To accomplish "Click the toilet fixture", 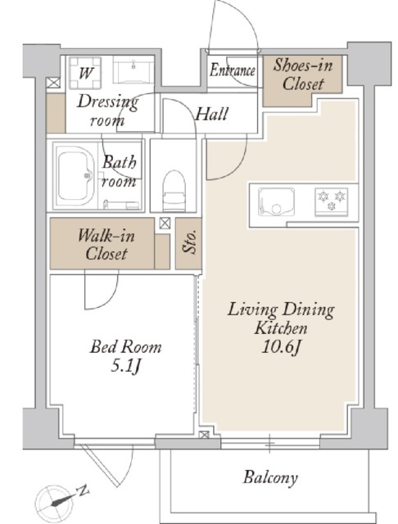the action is pos(174,191).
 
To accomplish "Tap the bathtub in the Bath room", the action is pos(75,176).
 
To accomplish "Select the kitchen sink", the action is pos(276,202).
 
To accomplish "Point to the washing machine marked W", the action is pos(85,73).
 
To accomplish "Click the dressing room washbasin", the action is pos(133,70).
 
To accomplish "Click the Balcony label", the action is pos(270,477).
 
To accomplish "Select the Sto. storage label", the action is pos(189,242).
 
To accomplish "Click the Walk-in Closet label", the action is pos(106,245).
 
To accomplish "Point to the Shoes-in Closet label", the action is pos(303,75).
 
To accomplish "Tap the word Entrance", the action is pos(233,70).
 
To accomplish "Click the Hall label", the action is pos(212,114).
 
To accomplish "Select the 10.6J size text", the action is pos(281,347).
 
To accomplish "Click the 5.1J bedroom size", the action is pos(125,367).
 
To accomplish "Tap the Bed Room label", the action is pos(125,347).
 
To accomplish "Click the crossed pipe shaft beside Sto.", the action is pos(165,224).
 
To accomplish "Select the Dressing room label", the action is pos(107,111).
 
